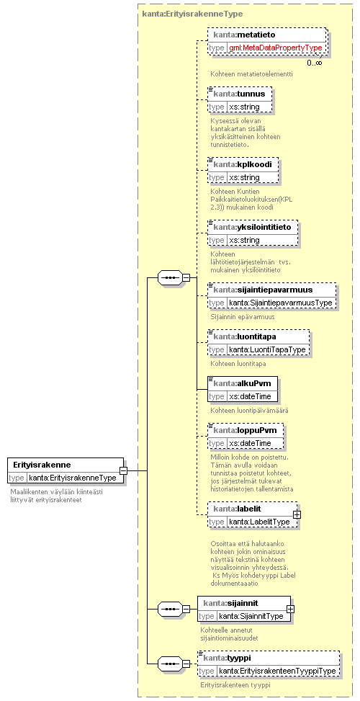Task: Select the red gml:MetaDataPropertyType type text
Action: (x=276, y=48)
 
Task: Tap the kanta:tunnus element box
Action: (x=240, y=99)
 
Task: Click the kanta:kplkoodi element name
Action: (x=243, y=164)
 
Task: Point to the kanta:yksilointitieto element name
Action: (x=252, y=227)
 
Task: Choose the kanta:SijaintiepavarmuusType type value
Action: (x=281, y=303)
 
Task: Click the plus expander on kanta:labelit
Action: (x=296, y=514)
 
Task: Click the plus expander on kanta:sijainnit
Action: (x=290, y=609)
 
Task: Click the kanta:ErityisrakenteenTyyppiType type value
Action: (x=278, y=671)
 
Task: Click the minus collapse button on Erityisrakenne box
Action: (x=123, y=470)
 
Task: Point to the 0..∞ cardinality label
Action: (x=314, y=63)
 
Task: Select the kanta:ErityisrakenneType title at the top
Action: (x=192, y=14)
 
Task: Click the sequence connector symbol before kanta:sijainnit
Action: (x=170, y=609)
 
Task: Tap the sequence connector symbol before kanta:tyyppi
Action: (x=170, y=664)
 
